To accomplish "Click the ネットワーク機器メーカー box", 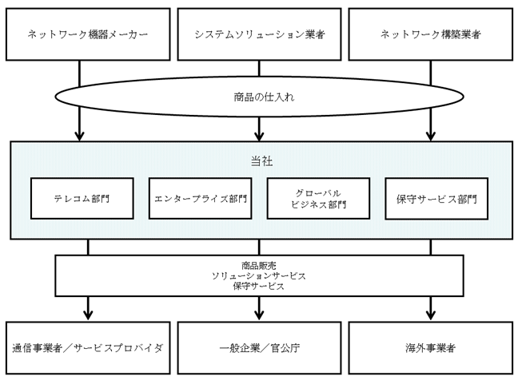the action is coord(88,34).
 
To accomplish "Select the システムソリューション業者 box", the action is coord(259,34).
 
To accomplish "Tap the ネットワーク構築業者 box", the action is coord(431,34).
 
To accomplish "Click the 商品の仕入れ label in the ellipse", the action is coord(264,97).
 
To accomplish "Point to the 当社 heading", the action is coord(261,161).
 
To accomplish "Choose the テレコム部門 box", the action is coord(82,199).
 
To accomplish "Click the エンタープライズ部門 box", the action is coord(200,199).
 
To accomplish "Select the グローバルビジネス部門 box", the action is coord(318,199).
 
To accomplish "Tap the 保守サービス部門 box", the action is coord(436,199).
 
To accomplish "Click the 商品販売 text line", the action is coord(259,266).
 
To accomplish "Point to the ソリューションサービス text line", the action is coord(259,275).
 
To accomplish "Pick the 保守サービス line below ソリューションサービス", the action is coord(259,286).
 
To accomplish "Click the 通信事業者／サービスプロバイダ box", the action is coord(88,348).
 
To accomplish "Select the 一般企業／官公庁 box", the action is coord(259,348).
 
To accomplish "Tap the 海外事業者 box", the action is coord(431,348).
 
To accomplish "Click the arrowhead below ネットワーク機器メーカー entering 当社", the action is coord(79,136).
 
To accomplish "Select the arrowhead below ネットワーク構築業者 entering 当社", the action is coord(430,136).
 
